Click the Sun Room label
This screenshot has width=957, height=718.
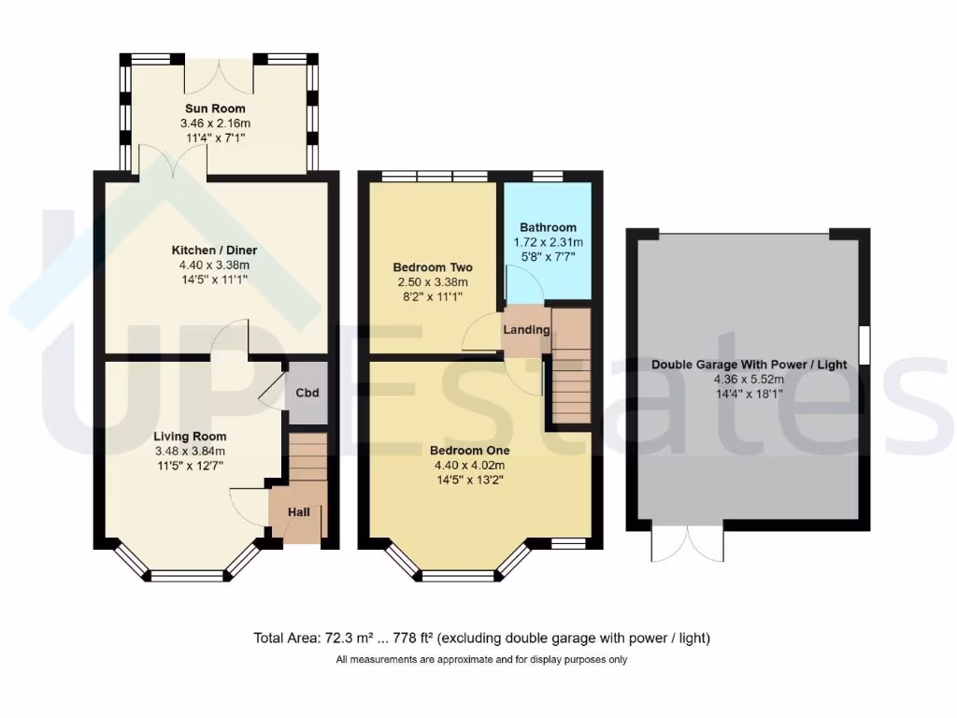[214, 109]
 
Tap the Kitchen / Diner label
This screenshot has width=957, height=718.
[214, 251]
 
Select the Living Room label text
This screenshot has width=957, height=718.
[190, 437]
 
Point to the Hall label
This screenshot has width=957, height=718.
[298, 512]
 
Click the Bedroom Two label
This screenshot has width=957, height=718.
[431, 267]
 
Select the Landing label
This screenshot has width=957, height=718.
[525, 330]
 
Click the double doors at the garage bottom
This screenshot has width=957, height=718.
[688, 543]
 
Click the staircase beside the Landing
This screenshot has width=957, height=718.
[571, 366]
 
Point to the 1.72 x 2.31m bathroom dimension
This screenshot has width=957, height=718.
[548, 242]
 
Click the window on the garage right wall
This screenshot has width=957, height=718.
[864, 344]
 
